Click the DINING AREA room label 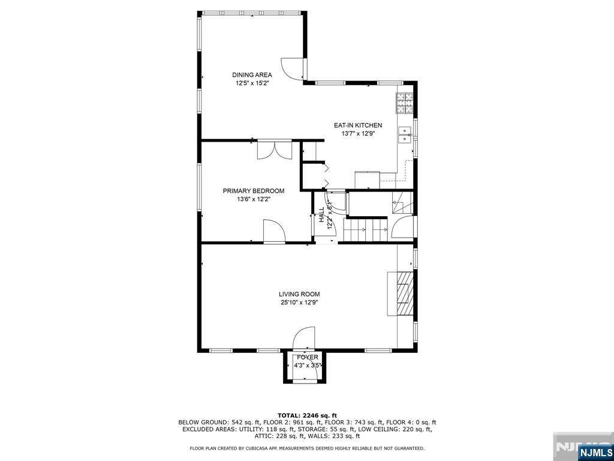tap(252, 75)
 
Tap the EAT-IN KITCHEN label tap(357, 125)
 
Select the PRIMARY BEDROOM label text tap(254, 191)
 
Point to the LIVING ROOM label tap(299, 294)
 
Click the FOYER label tap(307, 357)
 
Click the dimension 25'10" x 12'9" tap(299, 303)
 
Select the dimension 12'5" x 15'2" tap(252, 84)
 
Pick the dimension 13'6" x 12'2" tap(254, 199)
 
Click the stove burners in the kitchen tap(404, 103)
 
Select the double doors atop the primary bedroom tap(275, 150)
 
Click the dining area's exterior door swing tap(293, 68)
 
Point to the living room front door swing tap(304, 337)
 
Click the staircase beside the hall tap(365, 229)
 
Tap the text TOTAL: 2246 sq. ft tap(306, 415)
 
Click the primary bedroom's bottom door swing tap(273, 231)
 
